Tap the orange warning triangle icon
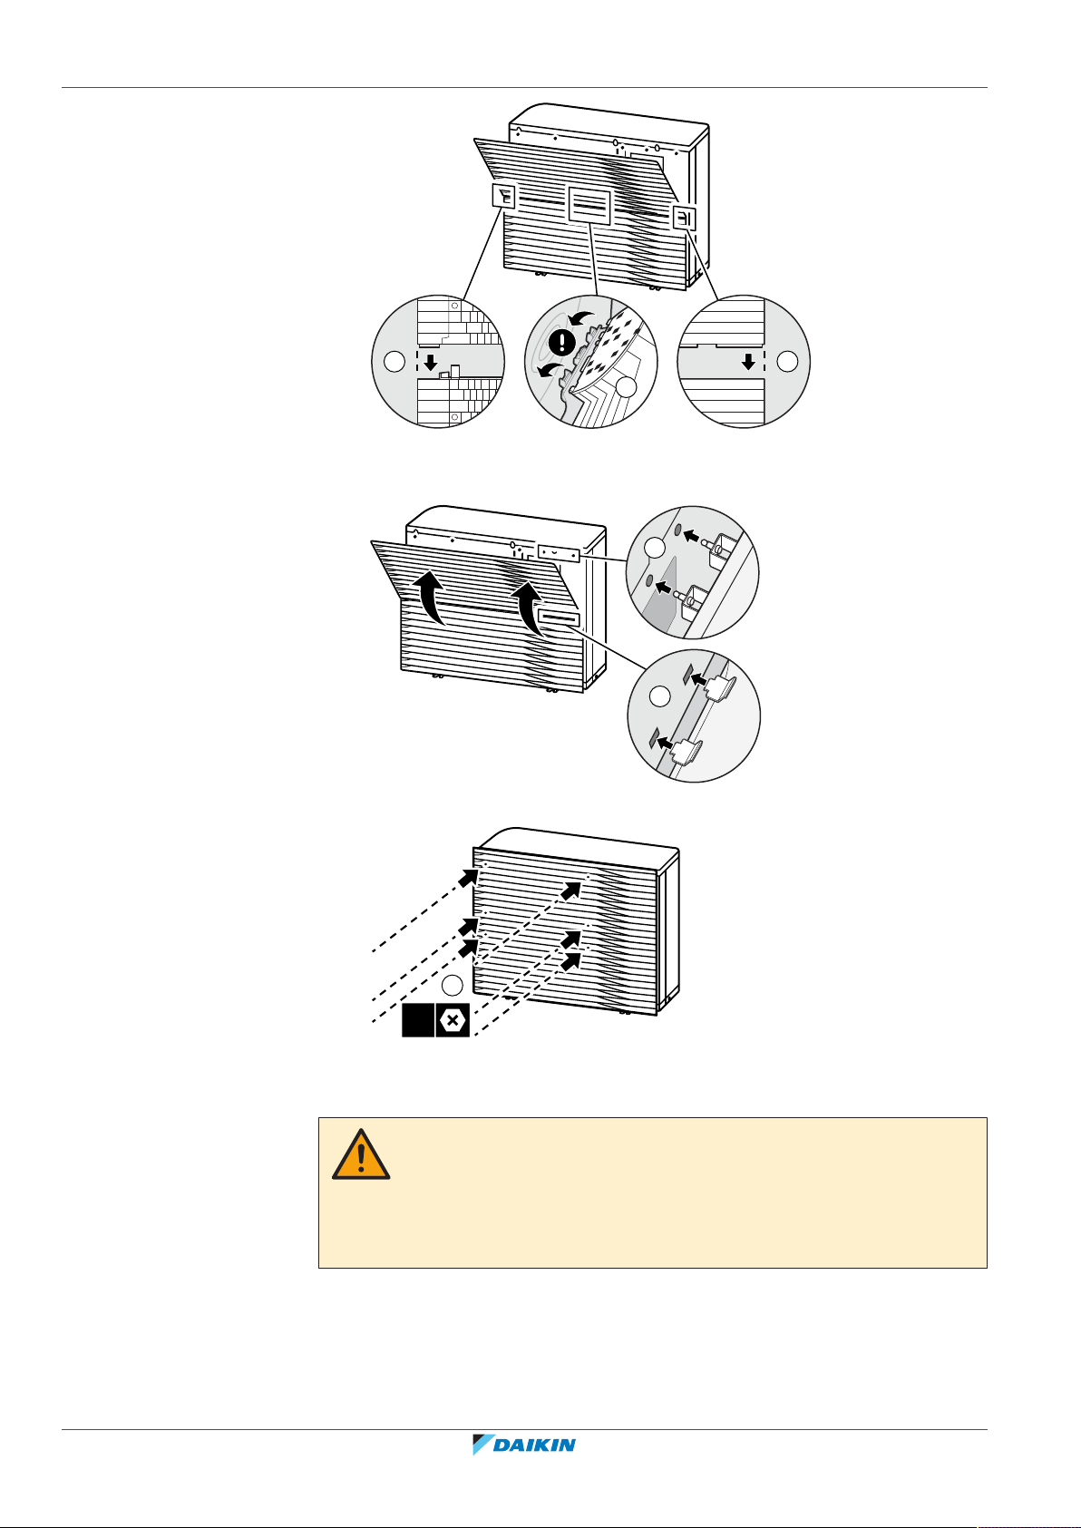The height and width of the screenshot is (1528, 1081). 361,1154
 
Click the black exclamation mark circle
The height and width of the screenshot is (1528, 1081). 563,344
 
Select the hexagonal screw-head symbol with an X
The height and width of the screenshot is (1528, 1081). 453,1020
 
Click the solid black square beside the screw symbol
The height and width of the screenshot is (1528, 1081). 418,1020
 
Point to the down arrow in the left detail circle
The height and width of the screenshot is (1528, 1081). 431,363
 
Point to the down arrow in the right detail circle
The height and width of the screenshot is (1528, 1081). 747,361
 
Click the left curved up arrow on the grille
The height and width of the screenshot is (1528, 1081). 432,599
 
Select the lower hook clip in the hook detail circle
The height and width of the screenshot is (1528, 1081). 687,748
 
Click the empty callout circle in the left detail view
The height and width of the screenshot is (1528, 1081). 394,362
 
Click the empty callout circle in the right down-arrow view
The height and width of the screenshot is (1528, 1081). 787,361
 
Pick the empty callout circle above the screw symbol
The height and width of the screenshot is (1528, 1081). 453,986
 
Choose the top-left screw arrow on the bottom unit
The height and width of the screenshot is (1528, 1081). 469,877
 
